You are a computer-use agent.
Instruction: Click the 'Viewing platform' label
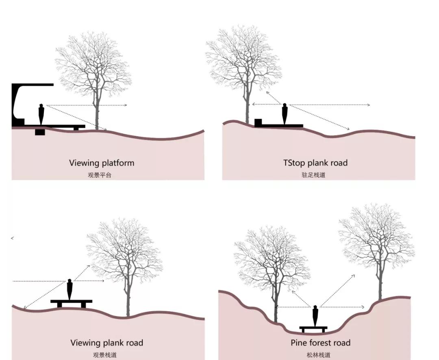click(x=102, y=163)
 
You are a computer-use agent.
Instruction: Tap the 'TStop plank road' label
click(x=315, y=163)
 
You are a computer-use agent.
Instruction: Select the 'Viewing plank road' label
click(x=107, y=343)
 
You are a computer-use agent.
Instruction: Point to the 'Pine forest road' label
click(x=320, y=343)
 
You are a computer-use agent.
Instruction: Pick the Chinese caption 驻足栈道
click(x=317, y=175)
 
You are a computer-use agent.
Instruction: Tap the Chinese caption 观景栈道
click(x=105, y=355)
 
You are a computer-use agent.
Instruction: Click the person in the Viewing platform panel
click(x=41, y=114)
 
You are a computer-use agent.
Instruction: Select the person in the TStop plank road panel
click(x=285, y=114)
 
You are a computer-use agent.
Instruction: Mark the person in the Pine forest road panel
click(x=315, y=316)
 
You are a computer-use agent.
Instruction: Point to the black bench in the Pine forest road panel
click(x=313, y=328)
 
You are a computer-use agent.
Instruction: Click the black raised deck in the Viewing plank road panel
click(x=71, y=302)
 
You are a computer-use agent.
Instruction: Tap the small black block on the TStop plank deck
click(x=258, y=122)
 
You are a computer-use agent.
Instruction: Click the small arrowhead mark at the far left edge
click(x=13, y=238)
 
